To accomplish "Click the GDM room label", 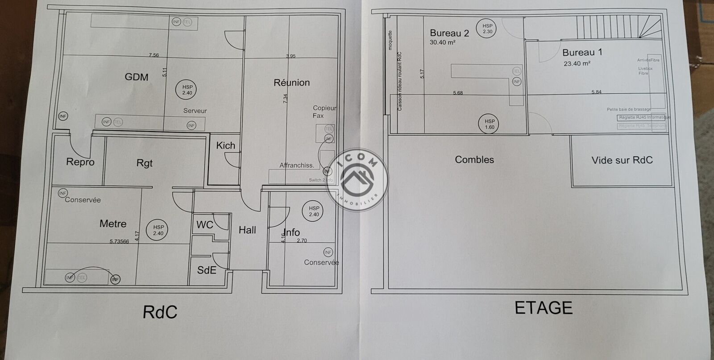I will pyautogui.click(x=137, y=77).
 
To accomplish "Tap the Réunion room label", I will pyautogui.click(x=291, y=83).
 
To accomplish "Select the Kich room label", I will pyautogui.click(x=225, y=145).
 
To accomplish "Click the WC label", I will pyautogui.click(x=205, y=225).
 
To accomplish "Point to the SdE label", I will pyautogui.click(x=207, y=269).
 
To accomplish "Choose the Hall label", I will pyautogui.click(x=247, y=230).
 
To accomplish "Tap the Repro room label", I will pyautogui.click(x=80, y=162).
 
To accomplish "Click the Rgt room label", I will pyautogui.click(x=145, y=163).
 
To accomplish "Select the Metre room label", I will pyautogui.click(x=113, y=223).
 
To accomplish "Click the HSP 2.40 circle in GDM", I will pyautogui.click(x=187, y=90).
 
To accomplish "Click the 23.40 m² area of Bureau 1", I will pyautogui.click(x=577, y=63).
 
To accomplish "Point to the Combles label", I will pyautogui.click(x=474, y=160).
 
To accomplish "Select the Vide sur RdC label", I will pyautogui.click(x=622, y=160).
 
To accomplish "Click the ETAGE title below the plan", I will pyautogui.click(x=544, y=308).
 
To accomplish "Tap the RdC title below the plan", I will pyautogui.click(x=160, y=312).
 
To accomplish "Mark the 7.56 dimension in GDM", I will pyautogui.click(x=154, y=55).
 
